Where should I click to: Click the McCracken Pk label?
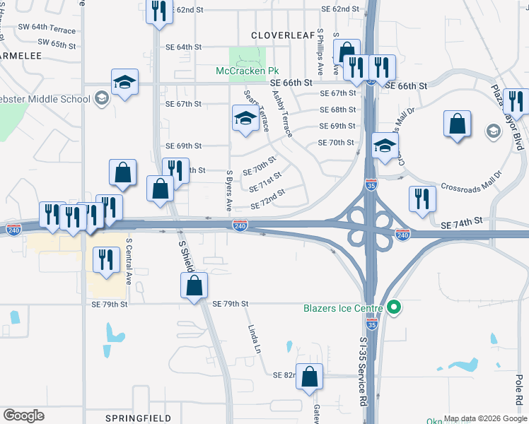[x=248, y=71]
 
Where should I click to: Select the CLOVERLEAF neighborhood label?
[x=282, y=34]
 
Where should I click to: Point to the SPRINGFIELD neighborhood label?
[x=139, y=418]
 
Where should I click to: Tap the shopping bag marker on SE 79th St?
[x=194, y=286]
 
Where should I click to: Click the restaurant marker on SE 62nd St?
[x=158, y=11]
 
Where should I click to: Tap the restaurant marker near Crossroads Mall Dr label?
[x=422, y=200]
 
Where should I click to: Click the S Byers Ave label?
[x=229, y=191]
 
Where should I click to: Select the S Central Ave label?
[x=129, y=261]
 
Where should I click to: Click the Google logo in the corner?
[x=23, y=416]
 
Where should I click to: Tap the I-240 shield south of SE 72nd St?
[x=240, y=225]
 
